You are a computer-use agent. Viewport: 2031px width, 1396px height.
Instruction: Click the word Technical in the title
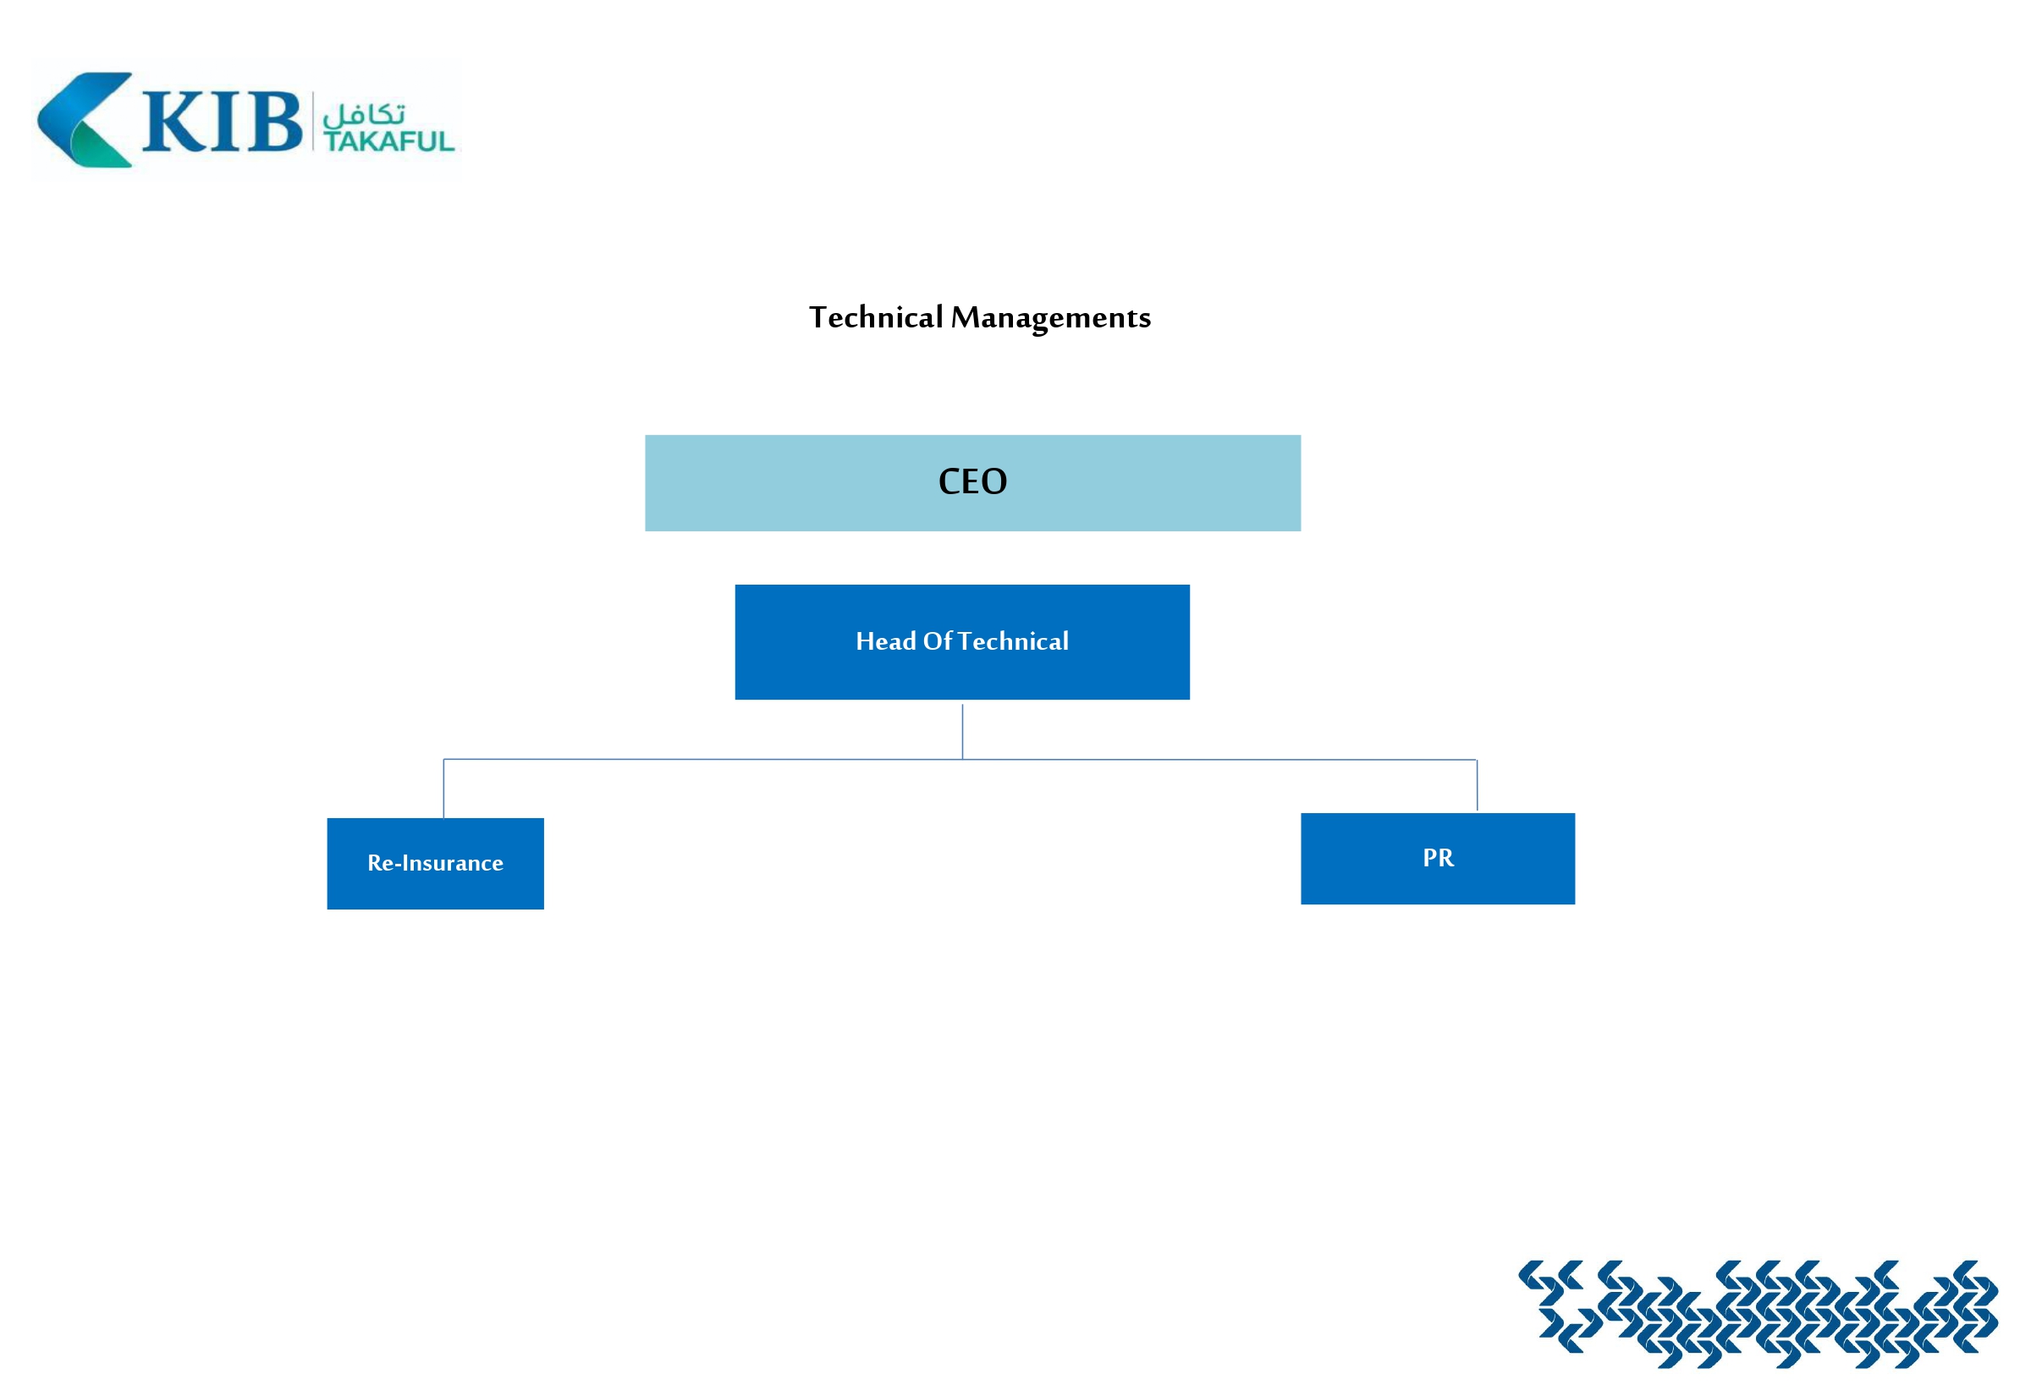coord(876,317)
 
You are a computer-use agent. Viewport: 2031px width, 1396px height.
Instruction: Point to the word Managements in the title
coord(1050,317)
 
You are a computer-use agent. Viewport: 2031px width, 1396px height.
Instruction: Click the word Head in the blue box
coord(885,641)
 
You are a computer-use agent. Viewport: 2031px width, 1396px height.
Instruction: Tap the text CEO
coord(972,482)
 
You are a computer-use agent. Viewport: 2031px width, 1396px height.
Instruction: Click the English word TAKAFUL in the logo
coord(388,141)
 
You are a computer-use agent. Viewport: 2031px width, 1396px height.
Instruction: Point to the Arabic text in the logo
coord(364,114)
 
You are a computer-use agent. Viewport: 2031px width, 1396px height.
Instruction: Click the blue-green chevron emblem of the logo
coord(84,120)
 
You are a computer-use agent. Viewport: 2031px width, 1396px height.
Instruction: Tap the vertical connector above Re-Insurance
coord(443,788)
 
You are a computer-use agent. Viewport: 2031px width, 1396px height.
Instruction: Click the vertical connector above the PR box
coord(1478,785)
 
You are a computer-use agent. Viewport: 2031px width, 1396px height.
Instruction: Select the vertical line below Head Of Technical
coord(962,731)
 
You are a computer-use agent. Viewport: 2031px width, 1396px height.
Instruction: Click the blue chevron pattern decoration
coord(1759,1313)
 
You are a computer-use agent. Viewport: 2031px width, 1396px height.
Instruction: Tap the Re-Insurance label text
coord(435,863)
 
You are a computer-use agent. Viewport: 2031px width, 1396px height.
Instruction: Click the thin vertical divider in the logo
coord(312,121)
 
